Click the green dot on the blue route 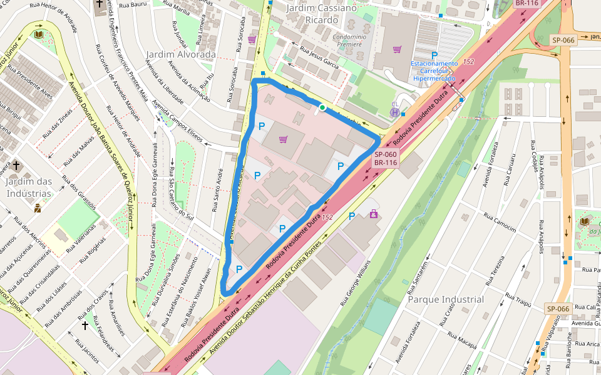(x=322, y=108)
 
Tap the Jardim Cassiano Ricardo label (x=321, y=13)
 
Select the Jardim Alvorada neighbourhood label (x=181, y=54)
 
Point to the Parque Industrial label (x=446, y=299)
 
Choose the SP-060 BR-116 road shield (x=386, y=159)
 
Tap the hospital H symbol (x=395, y=112)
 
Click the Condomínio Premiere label (x=348, y=41)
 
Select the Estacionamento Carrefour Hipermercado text (x=434, y=71)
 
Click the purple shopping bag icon (x=374, y=214)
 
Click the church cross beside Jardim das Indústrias (x=16, y=167)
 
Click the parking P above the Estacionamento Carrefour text (x=434, y=56)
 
